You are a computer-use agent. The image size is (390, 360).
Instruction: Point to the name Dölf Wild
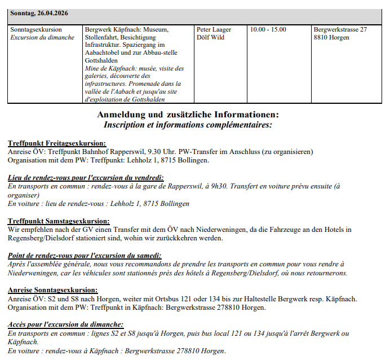click(x=210, y=38)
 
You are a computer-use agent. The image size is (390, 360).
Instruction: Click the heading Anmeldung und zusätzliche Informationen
click(x=188, y=115)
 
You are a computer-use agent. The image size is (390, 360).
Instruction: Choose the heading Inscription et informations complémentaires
click(x=188, y=125)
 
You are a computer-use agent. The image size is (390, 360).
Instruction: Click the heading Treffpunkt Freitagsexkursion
click(x=57, y=143)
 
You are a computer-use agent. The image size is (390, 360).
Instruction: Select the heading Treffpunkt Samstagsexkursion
click(x=59, y=221)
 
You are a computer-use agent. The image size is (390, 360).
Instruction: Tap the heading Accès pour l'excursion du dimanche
click(x=66, y=325)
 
